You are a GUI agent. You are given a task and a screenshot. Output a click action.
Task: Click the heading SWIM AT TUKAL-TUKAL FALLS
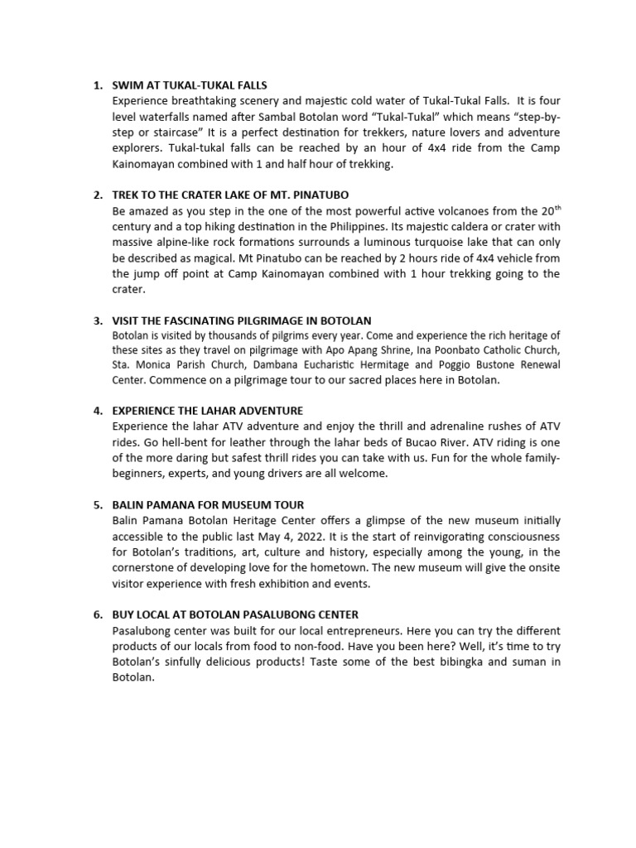[x=190, y=85]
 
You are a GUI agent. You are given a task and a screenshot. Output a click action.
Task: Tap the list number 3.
[x=97, y=320]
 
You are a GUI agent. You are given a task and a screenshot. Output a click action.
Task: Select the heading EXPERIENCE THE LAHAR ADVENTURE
[x=207, y=411]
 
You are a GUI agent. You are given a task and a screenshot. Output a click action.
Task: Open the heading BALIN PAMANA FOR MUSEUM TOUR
[x=208, y=504]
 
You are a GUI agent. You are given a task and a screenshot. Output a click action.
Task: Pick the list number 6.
[x=97, y=614]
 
